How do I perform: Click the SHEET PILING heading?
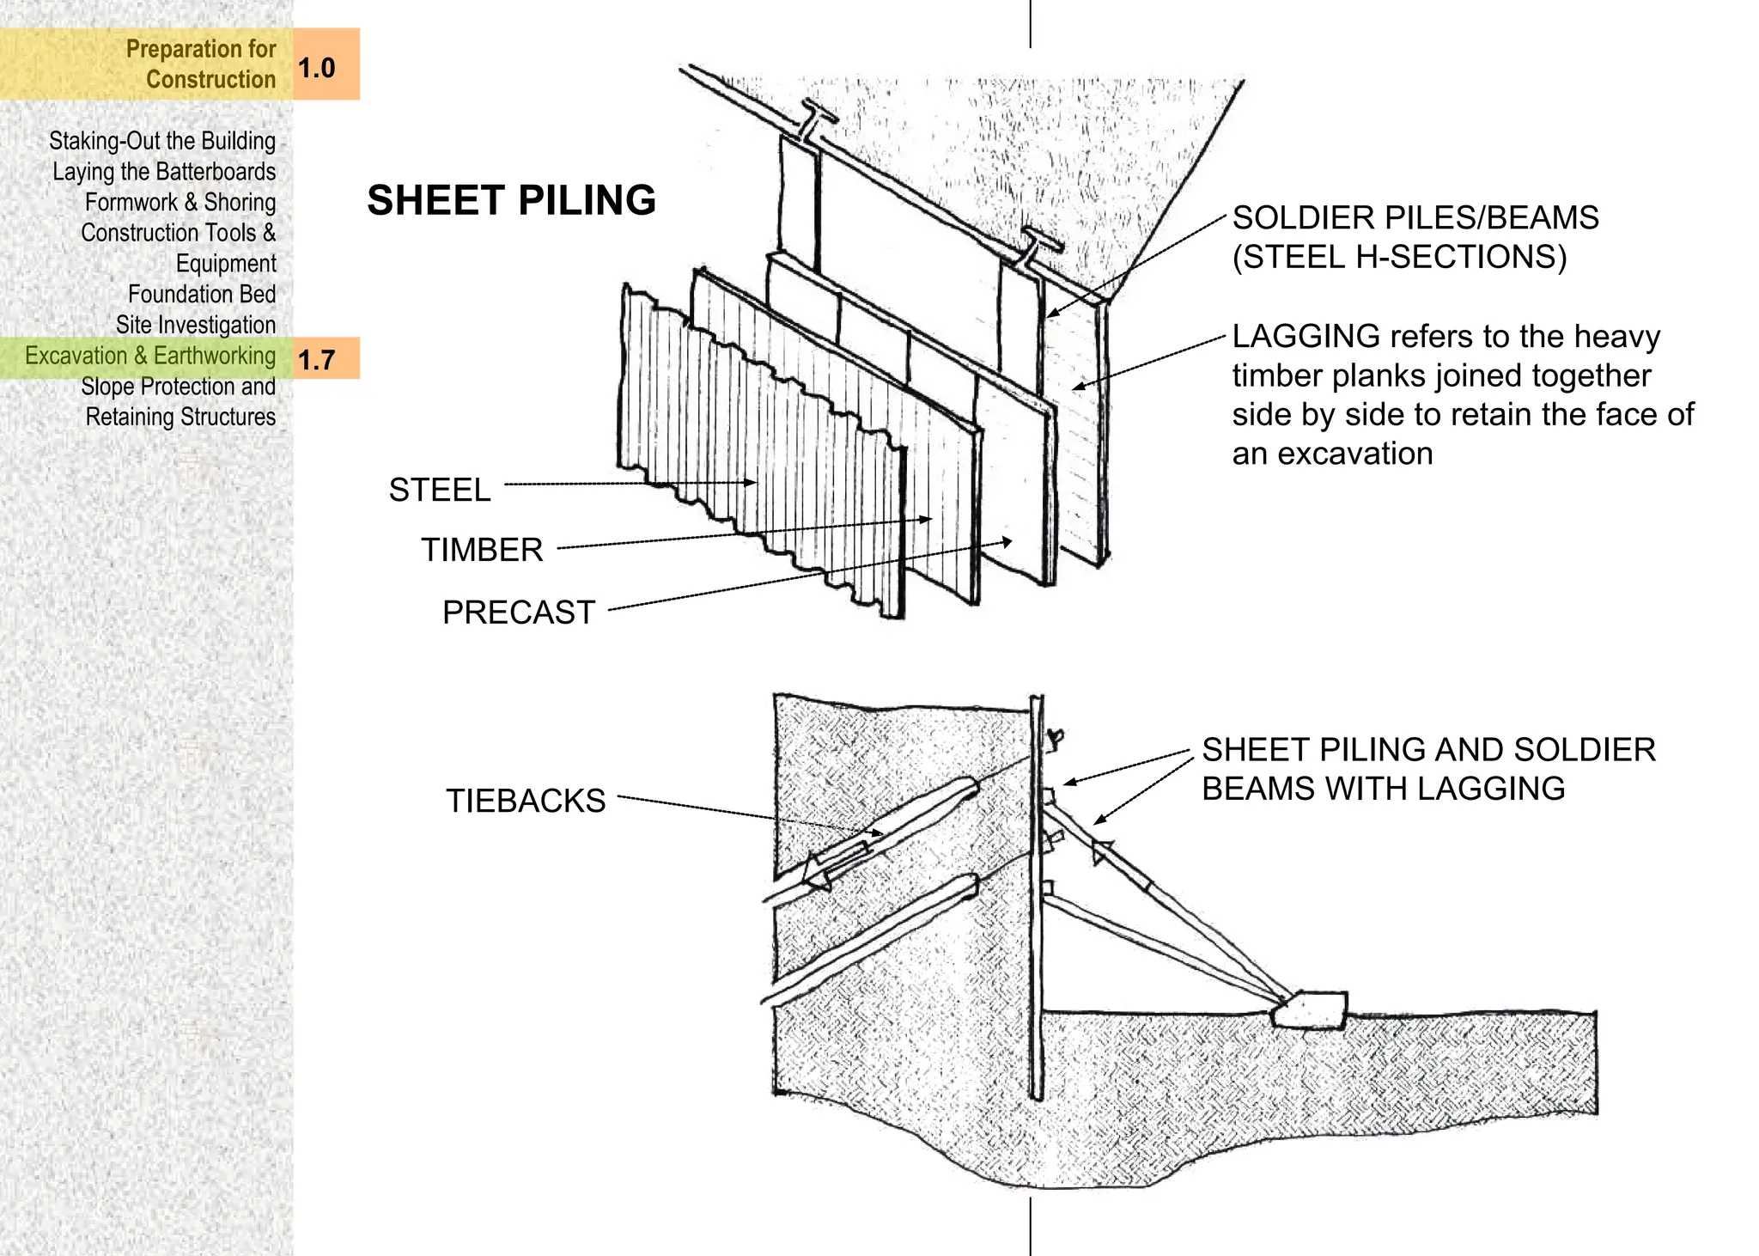[x=511, y=200]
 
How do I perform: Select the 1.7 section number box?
[x=326, y=358]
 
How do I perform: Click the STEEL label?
[x=439, y=490]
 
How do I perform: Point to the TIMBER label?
[x=481, y=550]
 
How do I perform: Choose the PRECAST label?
[x=518, y=613]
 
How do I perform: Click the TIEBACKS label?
[x=525, y=801]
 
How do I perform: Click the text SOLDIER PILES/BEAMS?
[x=1415, y=217]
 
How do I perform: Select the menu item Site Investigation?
[x=196, y=325]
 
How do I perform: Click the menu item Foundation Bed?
[x=202, y=294]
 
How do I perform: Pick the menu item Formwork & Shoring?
[x=180, y=202]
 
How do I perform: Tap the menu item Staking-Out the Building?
[x=162, y=141]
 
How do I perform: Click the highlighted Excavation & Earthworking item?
[x=150, y=356]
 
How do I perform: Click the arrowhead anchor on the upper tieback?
[x=818, y=875]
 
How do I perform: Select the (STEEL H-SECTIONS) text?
[x=1399, y=257]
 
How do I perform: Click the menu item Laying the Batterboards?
[x=164, y=172]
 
